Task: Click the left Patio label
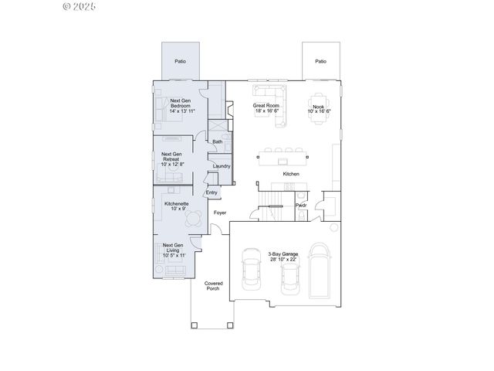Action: coord(180,61)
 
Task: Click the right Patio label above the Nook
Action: coord(320,61)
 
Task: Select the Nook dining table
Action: coord(320,105)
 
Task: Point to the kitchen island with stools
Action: coord(284,158)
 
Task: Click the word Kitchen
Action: coord(291,174)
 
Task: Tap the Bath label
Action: coord(218,141)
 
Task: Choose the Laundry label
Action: coord(222,165)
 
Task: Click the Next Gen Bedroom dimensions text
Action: coord(181,111)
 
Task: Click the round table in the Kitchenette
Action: coord(194,219)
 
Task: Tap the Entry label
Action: coord(211,192)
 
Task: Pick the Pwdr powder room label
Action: coord(302,206)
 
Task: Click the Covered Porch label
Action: coord(213,285)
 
